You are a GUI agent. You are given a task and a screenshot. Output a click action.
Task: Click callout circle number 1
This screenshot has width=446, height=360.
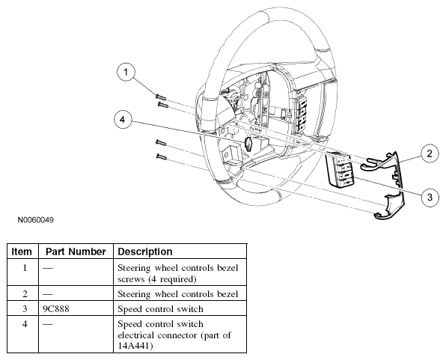coord(126,73)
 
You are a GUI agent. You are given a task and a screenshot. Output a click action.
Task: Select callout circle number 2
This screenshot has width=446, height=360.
coord(430,153)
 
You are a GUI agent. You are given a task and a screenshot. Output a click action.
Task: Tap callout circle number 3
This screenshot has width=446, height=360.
coord(430,198)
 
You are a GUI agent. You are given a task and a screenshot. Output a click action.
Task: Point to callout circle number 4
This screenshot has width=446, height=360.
coord(123,120)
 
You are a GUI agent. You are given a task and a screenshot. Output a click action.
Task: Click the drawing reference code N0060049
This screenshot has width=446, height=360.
coord(36,220)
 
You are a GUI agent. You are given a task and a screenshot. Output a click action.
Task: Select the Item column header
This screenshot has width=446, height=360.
coord(22,251)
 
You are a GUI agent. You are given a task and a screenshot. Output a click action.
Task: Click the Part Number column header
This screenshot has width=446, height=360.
coord(76,251)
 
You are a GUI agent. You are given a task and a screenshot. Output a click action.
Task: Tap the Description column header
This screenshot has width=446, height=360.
coord(145,251)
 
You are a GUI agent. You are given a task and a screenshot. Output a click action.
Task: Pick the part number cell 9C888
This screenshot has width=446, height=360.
coord(56,309)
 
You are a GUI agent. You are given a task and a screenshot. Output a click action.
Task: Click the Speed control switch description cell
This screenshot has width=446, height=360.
coord(160,309)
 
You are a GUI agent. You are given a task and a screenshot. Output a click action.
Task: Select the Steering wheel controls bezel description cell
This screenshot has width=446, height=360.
coord(178,293)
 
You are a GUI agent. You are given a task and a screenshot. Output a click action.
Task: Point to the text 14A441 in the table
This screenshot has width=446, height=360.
coord(133,346)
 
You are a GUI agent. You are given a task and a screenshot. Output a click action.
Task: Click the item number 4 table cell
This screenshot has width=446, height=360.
coord(25,324)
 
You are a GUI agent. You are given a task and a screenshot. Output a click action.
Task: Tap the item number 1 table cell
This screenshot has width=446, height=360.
coord(25,268)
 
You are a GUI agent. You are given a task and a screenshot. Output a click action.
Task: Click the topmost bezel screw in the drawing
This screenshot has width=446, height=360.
coord(161,97)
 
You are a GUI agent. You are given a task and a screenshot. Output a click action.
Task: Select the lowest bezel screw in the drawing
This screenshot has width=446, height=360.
coord(162,156)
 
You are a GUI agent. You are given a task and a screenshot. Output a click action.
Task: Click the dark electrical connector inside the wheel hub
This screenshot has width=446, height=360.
coord(248,144)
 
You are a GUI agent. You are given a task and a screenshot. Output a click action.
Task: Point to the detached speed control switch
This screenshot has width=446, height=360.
coord(340,170)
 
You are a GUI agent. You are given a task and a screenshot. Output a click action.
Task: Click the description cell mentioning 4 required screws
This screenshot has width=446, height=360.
coord(178,273)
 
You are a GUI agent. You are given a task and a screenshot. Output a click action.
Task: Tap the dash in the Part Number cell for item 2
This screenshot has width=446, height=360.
coord(48,294)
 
